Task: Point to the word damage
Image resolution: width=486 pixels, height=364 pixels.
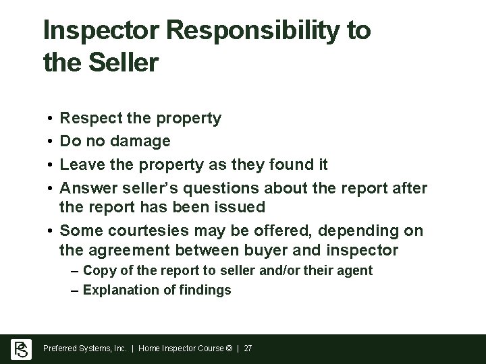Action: point(141,141)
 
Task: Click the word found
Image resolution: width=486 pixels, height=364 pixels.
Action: point(286,163)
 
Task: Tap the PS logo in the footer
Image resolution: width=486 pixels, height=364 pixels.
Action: point(21,348)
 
